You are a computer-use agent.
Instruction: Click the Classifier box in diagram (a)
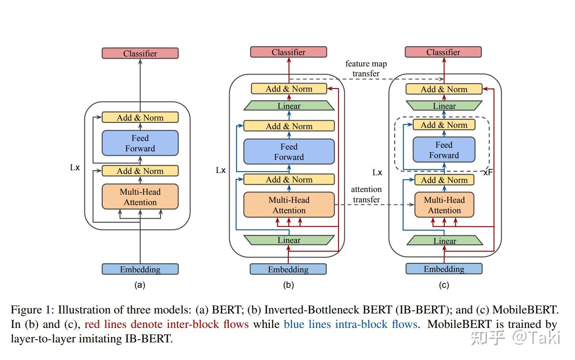click(x=140, y=53)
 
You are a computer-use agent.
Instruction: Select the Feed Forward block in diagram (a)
click(x=140, y=143)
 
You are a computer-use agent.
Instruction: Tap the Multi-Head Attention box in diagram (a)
click(x=140, y=197)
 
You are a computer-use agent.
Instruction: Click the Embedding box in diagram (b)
click(x=288, y=269)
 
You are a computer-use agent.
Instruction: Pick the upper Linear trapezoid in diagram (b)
click(x=289, y=106)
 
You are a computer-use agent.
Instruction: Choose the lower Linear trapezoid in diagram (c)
click(x=444, y=241)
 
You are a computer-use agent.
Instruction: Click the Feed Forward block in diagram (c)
click(x=444, y=150)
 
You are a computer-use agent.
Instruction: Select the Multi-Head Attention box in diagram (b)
click(x=289, y=205)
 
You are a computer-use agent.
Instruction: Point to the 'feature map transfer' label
click(x=366, y=69)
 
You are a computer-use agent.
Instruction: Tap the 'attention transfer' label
click(x=367, y=194)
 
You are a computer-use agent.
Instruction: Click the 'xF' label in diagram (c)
click(x=488, y=173)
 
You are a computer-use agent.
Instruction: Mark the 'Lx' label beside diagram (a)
click(x=75, y=168)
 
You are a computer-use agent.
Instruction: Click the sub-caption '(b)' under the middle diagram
click(x=288, y=285)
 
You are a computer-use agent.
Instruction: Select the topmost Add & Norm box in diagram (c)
click(x=444, y=89)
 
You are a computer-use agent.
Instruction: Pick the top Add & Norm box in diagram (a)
click(x=140, y=117)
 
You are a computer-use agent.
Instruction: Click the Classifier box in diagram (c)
click(x=443, y=52)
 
